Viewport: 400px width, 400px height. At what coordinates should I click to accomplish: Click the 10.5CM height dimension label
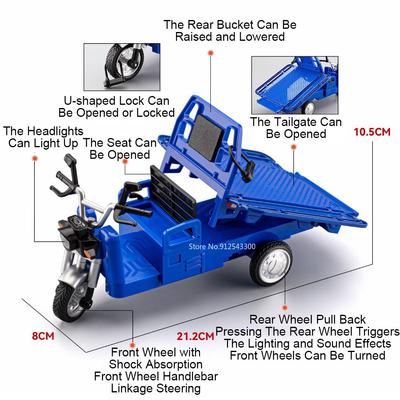(x=372, y=132)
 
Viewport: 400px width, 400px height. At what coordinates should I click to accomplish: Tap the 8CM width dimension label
(x=43, y=336)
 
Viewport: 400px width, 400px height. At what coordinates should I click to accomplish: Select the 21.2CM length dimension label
(x=195, y=336)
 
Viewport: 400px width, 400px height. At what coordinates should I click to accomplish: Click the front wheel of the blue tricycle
(x=72, y=302)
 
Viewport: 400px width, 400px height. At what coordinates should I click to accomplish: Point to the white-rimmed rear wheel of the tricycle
(x=271, y=263)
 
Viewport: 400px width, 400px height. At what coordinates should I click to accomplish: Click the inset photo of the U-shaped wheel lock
(x=122, y=67)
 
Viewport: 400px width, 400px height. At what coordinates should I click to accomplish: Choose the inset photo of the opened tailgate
(x=295, y=85)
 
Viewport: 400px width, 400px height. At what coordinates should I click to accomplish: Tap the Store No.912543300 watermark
(x=222, y=246)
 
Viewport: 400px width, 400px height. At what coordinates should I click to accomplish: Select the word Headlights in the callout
(x=56, y=131)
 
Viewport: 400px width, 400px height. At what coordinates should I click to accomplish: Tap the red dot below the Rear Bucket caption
(x=210, y=53)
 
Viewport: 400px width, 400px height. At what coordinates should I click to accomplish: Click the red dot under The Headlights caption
(x=35, y=158)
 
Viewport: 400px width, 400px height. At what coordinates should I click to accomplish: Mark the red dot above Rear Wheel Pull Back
(x=285, y=307)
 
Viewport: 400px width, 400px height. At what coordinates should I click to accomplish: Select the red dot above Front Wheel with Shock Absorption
(x=132, y=345)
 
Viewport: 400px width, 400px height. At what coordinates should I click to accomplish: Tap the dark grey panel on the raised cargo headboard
(x=206, y=134)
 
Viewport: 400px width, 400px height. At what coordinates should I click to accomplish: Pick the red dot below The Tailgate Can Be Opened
(x=294, y=146)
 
